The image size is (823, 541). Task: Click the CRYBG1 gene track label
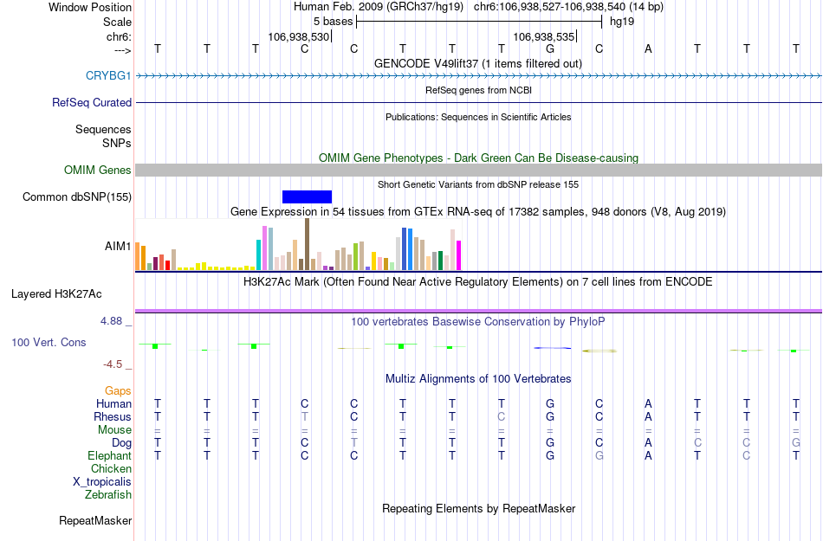click(108, 75)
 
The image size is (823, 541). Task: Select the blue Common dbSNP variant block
click(307, 196)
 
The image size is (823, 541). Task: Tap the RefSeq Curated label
click(92, 102)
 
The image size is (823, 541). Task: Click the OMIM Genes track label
click(98, 170)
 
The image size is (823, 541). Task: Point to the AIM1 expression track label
click(118, 246)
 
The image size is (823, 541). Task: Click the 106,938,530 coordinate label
click(299, 37)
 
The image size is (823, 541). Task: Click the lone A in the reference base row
click(648, 48)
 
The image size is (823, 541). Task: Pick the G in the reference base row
click(550, 48)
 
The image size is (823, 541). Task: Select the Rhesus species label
click(113, 416)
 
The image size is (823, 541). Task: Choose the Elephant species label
click(110, 455)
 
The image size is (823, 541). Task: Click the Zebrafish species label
click(108, 494)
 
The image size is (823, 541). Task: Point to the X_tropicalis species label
click(102, 481)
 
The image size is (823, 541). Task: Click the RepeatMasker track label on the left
click(95, 520)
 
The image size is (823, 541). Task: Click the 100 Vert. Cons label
click(49, 342)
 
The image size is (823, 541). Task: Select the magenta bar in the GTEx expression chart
click(459, 255)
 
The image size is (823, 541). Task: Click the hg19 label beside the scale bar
click(622, 21)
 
